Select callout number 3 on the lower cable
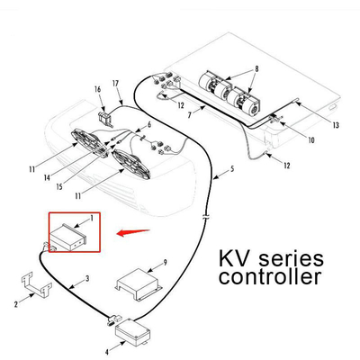[x=85, y=280]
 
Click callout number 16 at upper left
[x=96, y=89]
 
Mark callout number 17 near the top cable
[x=116, y=85]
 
